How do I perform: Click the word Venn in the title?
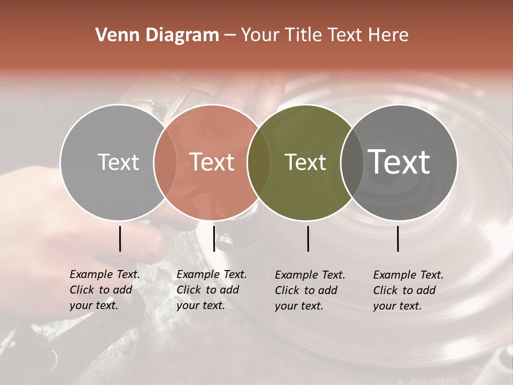pos(114,35)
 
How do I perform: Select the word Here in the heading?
pos(390,35)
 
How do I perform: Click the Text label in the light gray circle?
pos(118,162)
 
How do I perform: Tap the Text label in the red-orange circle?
pos(212,162)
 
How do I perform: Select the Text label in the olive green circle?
pos(305,162)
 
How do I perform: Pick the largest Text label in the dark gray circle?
pos(399,162)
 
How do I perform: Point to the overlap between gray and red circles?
pos(165,163)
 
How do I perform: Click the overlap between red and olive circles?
pos(259,163)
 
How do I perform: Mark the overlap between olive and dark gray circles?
pos(352,163)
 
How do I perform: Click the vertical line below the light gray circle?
pos(120,238)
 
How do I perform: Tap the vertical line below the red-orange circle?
pos(214,238)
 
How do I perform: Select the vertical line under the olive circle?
pos(308,238)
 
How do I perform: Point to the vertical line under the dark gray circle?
pos(398,238)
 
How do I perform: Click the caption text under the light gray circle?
pos(104,290)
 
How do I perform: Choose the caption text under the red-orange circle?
pos(211,290)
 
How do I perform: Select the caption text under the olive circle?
pos(309,290)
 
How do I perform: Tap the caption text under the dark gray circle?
pos(408,290)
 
